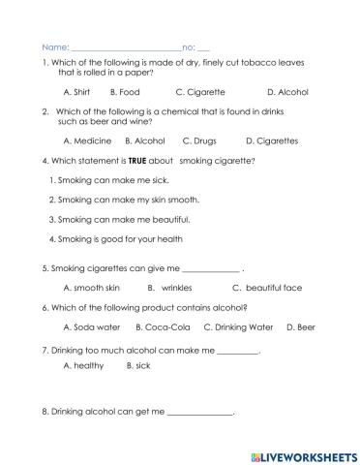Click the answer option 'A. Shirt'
coord(76,92)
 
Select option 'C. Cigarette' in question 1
coord(200,92)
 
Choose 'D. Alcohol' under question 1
coord(286,92)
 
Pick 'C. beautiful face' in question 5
coord(267,288)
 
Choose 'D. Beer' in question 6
coord(301,327)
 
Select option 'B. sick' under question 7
coord(141,366)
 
